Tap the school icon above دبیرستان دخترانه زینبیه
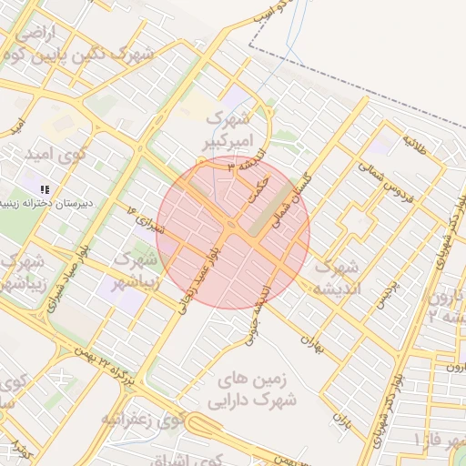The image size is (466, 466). (46, 188)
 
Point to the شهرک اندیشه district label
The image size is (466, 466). (338, 278)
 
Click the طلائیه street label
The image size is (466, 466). (415, 143)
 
